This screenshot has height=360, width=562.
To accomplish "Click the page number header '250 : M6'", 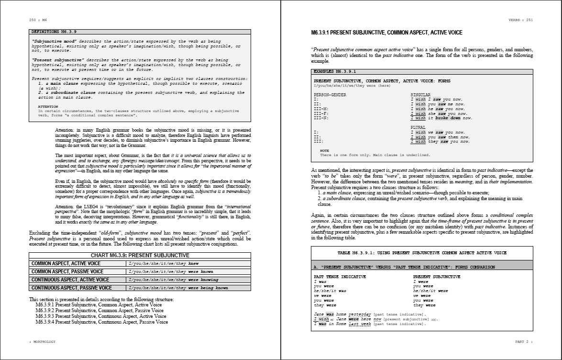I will pyautogui.click(x=38, y=20).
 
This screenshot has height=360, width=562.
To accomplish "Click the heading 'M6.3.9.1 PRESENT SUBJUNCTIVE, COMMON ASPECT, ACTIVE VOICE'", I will pyautogui.click(x=386, y=33).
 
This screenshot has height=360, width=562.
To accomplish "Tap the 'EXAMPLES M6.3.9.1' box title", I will pyautogui.click(x=335, y=71).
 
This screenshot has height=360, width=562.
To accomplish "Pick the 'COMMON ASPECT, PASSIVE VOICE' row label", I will pyautogui.click(x=65, y=271).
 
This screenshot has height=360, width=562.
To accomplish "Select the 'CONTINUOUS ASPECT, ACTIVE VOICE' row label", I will pyautogui.click(x=70, y=280).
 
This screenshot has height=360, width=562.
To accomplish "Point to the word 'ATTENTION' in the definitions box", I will pyautogui.click(x=48, y=107).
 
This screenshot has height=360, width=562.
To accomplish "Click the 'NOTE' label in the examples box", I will pyautogui.click(x=324, y=151).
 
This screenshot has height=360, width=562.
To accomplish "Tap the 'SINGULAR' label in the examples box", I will pyautogui.click(x=420, y=95).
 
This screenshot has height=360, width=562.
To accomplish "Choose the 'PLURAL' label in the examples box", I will pyautogui.click(x=418, y=128).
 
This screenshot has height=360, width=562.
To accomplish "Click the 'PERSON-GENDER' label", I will pyautogui.click(x=330, y=95).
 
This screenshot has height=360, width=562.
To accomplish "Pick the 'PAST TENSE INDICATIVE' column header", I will pyautogui.click(x=340, y=277).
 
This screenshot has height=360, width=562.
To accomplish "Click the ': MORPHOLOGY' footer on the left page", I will pyautogui.click(x=43, y=341).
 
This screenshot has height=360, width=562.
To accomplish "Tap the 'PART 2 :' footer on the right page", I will pyautogui.click(x=523, y=341).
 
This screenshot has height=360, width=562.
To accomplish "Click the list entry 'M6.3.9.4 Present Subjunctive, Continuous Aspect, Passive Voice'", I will pyautogui.click(x=102, y=322).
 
